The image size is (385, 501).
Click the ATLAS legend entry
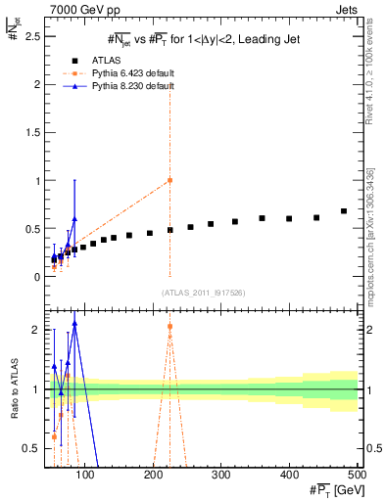pyautogui.click(x=96, y=59)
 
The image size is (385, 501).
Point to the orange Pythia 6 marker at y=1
pyautogui.click(x=169, y=180)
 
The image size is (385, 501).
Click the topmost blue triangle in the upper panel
pyautogui.click(x=74, y=220)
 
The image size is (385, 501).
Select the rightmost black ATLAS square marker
pyautogui.click(x=344, y=211)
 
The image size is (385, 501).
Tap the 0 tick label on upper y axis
pyautogui.click(x=35, y=277)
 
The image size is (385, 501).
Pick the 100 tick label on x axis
pyautogui.click(x=86, y=475)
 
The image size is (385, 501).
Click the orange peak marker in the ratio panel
pyautogui.click(x=169, y=327)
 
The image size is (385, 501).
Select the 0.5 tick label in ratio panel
pyautogui.click(x=30, y=449)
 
